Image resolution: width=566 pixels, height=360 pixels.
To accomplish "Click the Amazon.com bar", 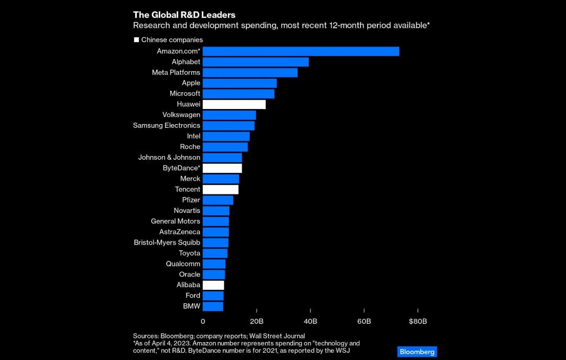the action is coord(301,51).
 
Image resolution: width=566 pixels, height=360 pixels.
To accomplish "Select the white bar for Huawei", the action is coord(234,104).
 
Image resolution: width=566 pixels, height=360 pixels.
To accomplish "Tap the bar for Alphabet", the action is coord(256,62).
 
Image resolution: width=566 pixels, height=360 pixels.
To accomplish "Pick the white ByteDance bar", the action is coord(222,168).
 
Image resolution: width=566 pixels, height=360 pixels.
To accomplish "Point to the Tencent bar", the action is coord(221,190).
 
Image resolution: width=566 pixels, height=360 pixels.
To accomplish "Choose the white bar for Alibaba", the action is coord(213,285).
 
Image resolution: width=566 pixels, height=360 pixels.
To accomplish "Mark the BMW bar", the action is coord(213,307).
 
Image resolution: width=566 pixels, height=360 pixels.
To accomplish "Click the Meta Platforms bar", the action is coord(250,73).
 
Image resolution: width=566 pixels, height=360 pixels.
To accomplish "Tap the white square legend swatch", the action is coord(136,40).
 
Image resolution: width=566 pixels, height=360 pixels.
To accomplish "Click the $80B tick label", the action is coord(418,321).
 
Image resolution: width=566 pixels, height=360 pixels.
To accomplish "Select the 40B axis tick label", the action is coord(310,321).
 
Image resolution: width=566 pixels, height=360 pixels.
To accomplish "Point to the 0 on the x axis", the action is coord(203,321).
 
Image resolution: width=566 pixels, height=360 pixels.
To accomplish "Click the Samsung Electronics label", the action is coord(167,125).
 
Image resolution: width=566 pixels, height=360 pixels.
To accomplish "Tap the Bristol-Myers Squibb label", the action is coord(167,242).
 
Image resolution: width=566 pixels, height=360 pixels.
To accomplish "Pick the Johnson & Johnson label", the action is coord(169,157).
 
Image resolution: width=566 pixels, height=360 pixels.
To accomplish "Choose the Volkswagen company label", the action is coord(181,115).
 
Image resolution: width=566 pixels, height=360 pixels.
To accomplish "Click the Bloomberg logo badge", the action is coord(417,352).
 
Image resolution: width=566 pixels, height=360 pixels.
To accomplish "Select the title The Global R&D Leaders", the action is coord(184,15).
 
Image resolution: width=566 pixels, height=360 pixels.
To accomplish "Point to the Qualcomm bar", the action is coord(214,264).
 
